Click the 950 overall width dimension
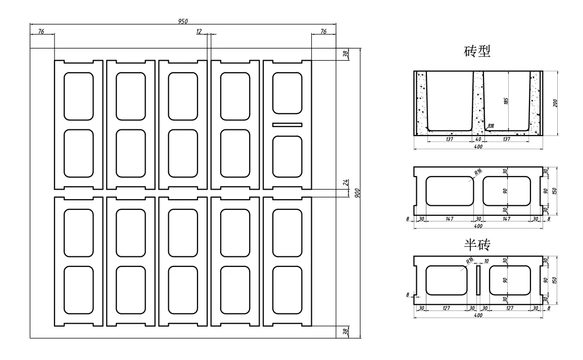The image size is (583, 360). point(182,21)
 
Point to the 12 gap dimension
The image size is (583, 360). point(199,31)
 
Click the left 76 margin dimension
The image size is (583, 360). point(41,31)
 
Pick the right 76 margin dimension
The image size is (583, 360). point(323,31)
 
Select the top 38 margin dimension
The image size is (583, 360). point(346,54)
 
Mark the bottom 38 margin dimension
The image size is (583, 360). point(346,332)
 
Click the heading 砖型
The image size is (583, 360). point(477,51)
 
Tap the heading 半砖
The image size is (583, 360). point(477,245)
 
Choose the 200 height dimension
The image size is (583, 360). point(556,103)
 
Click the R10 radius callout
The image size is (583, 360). point(491,125)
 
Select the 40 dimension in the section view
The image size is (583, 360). point(478,139)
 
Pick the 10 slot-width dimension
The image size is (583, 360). point(486,261)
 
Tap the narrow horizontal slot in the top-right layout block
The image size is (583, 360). point(287,124)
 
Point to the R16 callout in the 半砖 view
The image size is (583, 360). point(469,261)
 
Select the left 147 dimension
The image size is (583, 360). point(450,219)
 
